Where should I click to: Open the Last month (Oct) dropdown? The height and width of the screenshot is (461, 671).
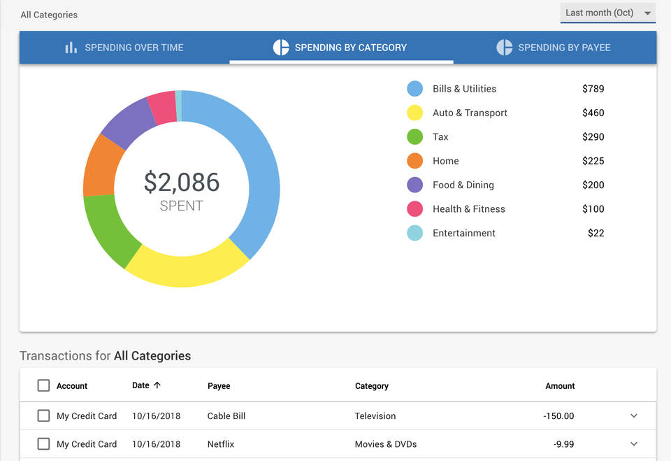coord(607,13)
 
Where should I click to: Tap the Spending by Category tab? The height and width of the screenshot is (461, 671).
coord(340,48)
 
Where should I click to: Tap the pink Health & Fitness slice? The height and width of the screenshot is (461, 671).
coord(161,108)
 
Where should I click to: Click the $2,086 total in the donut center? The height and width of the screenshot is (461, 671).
coord(182,182)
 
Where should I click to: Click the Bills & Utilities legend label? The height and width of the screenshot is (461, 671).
coord(464,89)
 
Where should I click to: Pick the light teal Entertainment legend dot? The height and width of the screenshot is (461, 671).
coord(414,233)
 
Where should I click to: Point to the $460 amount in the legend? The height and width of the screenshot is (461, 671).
coord(593,113)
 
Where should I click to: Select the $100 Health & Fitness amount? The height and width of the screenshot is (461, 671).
coord(593,209)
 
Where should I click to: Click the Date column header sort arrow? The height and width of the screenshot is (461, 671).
coord(157,385)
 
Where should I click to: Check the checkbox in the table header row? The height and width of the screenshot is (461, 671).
coord(43,385)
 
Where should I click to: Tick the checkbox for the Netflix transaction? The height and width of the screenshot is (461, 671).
coord(43,444)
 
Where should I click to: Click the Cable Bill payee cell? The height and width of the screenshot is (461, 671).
coord(226,416)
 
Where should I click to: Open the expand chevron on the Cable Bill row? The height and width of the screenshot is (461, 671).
coord(634,416)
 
